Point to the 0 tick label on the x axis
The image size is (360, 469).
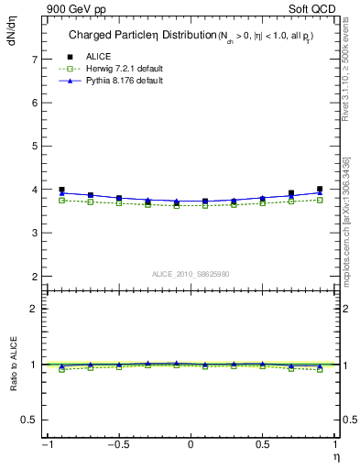[x=191, y=446]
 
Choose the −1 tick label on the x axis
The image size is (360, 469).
[x=46, y=446]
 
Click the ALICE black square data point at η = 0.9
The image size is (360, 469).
[x=320, y=190]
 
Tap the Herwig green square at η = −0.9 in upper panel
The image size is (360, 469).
[x=61, y=200]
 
